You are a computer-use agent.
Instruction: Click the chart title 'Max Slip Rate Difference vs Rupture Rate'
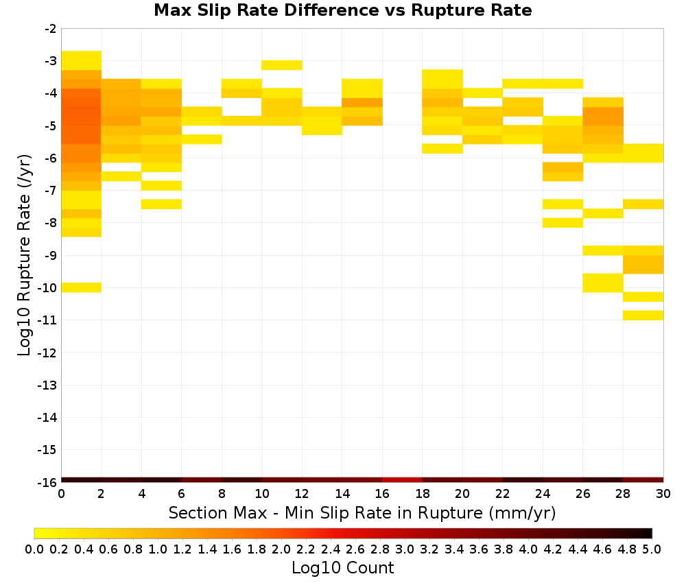pos(342,10)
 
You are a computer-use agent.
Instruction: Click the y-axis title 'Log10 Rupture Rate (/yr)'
pos(24,255)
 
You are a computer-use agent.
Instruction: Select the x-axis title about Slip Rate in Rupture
pos(362,512)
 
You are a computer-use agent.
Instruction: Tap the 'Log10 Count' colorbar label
pos(342,568)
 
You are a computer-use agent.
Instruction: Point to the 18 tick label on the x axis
pos(422,494)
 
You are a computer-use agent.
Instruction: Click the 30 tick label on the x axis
pos(663,494)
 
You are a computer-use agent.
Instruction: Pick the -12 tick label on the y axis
pos(47,353)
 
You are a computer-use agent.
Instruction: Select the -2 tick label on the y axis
pos(51,29)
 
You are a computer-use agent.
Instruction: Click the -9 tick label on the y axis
pos(51,255)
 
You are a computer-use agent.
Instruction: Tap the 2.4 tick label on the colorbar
pos(331,549)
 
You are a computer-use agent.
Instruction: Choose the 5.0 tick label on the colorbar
pos(652,549)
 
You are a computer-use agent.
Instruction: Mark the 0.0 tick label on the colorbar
pos(34,549)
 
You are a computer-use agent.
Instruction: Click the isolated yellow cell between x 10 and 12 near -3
pos(282,65)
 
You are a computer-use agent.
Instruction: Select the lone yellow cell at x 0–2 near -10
pos(82,287)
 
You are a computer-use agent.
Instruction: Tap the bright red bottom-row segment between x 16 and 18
pos(402,480)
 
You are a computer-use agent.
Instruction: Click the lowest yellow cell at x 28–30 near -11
pos(643,316)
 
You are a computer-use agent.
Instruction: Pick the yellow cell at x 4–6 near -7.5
pos(161,204)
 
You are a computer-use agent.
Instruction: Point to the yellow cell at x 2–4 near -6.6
pos(121,176)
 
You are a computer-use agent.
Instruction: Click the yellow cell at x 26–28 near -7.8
pos(603,213)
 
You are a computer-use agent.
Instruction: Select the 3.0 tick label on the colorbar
pos(404,549)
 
